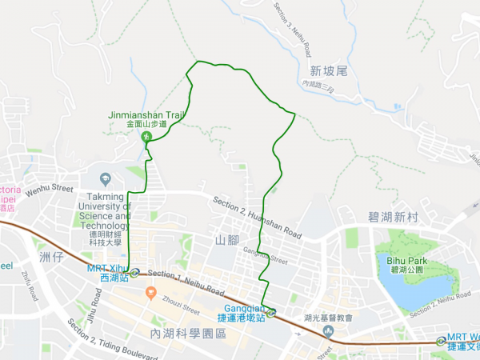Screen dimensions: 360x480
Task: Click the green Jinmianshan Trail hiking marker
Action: tap(146, 138)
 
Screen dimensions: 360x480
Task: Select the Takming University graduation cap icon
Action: tap(106, 178)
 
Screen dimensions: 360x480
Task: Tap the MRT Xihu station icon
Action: tap(136, 272)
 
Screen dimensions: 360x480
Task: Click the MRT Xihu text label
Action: tap(107, 273)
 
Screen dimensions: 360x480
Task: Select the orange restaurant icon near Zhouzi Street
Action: tap(150, 294)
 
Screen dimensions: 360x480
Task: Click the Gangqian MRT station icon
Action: tap(271, 313)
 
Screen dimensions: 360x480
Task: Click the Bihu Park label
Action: tap(406, 261)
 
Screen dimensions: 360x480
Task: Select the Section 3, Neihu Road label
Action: tap(292, 28)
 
